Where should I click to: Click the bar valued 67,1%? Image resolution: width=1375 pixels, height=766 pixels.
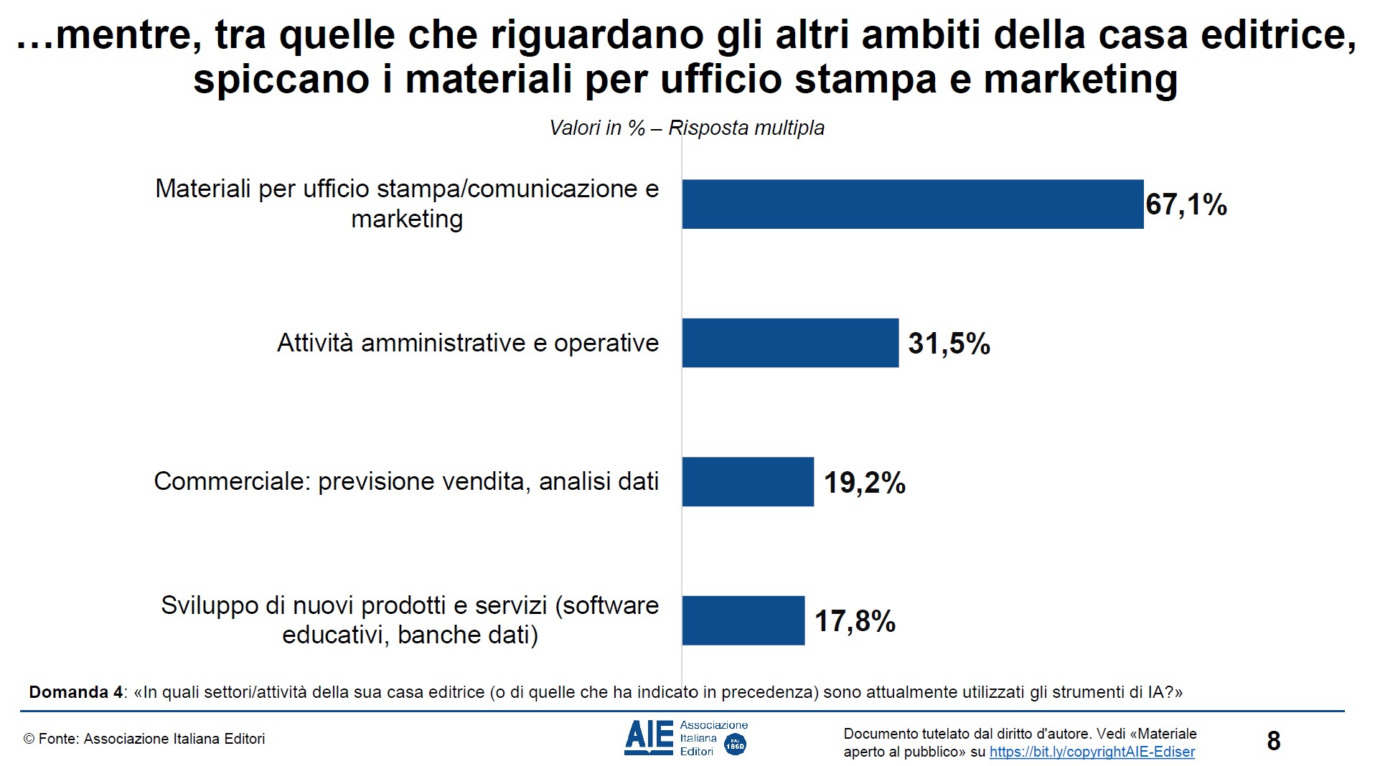pos(911,204)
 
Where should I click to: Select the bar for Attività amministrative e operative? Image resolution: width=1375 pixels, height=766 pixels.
pos(789,343)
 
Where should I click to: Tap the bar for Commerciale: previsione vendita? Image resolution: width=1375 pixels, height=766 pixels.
pos(747,482)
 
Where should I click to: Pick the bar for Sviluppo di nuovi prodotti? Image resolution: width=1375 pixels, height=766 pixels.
pos(743,620)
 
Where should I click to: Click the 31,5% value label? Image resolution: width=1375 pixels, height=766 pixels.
pos(949,344)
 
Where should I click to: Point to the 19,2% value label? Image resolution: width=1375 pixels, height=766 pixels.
pos(864,483)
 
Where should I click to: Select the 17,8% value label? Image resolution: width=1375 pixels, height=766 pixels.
pos(855,621)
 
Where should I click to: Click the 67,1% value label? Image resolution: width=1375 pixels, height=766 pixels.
pos(1186,205)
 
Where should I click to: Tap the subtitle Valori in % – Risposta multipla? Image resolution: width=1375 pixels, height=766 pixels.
pos(687,128)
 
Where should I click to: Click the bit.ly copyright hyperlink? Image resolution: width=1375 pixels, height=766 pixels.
pos(1092,752)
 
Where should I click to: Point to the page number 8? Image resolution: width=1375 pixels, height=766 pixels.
pos(1274,741)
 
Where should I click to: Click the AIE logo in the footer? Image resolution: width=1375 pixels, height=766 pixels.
pos(649,738)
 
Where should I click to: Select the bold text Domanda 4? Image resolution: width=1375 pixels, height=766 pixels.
pos(75,692)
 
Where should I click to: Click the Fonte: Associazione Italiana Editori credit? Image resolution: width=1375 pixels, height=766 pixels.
pos(144,739)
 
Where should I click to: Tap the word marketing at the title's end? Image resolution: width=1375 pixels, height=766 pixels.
pos(1080,79)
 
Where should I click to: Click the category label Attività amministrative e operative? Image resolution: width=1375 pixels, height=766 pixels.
pos(468,343)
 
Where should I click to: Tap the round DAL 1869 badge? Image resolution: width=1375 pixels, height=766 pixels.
pos(735,744)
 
